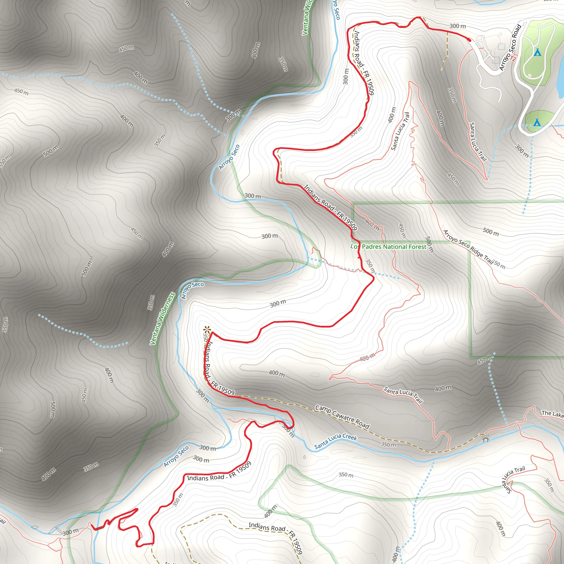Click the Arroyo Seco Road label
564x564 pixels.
coord(510,47)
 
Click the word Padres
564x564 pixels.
coord(372,247)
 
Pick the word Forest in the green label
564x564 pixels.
coord(417,247)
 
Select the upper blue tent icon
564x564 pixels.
coord(538,53)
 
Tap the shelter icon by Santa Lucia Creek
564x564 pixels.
coord(486,439)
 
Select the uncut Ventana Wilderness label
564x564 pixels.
coord(162,319)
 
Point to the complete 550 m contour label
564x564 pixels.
coord(5,324)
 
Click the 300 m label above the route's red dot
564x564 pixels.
coord(457,26)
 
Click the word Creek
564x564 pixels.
coord(350,437)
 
